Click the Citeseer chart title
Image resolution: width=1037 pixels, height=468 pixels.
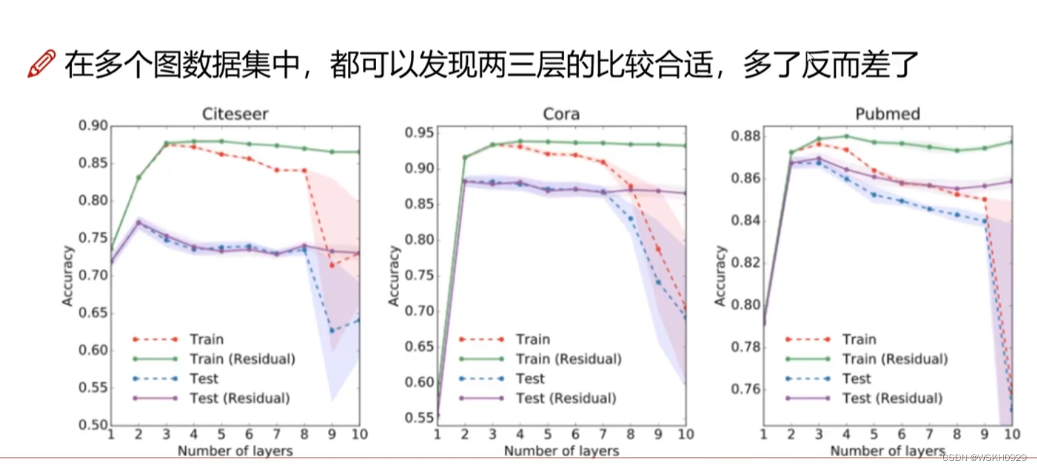point(234,114)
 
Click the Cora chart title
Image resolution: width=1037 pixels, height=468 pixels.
point(561,114)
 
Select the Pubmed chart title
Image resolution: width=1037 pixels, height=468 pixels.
point(887,114)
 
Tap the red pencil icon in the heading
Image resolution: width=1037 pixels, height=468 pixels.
point(41,64)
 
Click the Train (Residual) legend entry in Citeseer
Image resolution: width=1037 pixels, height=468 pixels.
point(242,359)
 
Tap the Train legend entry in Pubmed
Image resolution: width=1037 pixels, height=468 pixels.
point(859,340)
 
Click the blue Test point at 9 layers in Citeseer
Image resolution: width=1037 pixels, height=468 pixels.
point(332,330)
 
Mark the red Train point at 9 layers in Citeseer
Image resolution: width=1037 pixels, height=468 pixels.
point(332,265)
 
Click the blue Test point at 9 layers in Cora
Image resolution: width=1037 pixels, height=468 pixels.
point(659,282)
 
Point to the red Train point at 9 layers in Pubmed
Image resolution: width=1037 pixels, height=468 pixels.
point(985,200)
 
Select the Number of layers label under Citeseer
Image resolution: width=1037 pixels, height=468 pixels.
point(235,451)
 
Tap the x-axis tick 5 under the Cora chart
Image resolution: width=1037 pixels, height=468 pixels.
point(547,435)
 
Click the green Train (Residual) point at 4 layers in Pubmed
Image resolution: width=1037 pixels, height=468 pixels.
point(846,136)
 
